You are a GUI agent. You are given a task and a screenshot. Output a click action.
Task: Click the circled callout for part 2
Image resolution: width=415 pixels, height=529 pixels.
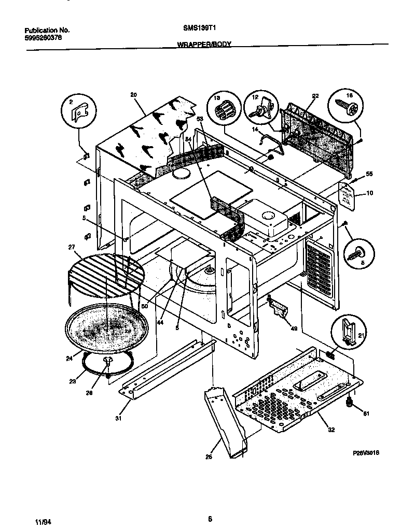(79, 110)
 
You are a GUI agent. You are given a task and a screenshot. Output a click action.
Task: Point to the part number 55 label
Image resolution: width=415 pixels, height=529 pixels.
(369, 175)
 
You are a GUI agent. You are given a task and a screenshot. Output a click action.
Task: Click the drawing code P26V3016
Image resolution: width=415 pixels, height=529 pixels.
(367, 452)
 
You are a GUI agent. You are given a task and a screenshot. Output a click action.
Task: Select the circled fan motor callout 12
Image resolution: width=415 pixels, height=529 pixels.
(255, 97)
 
